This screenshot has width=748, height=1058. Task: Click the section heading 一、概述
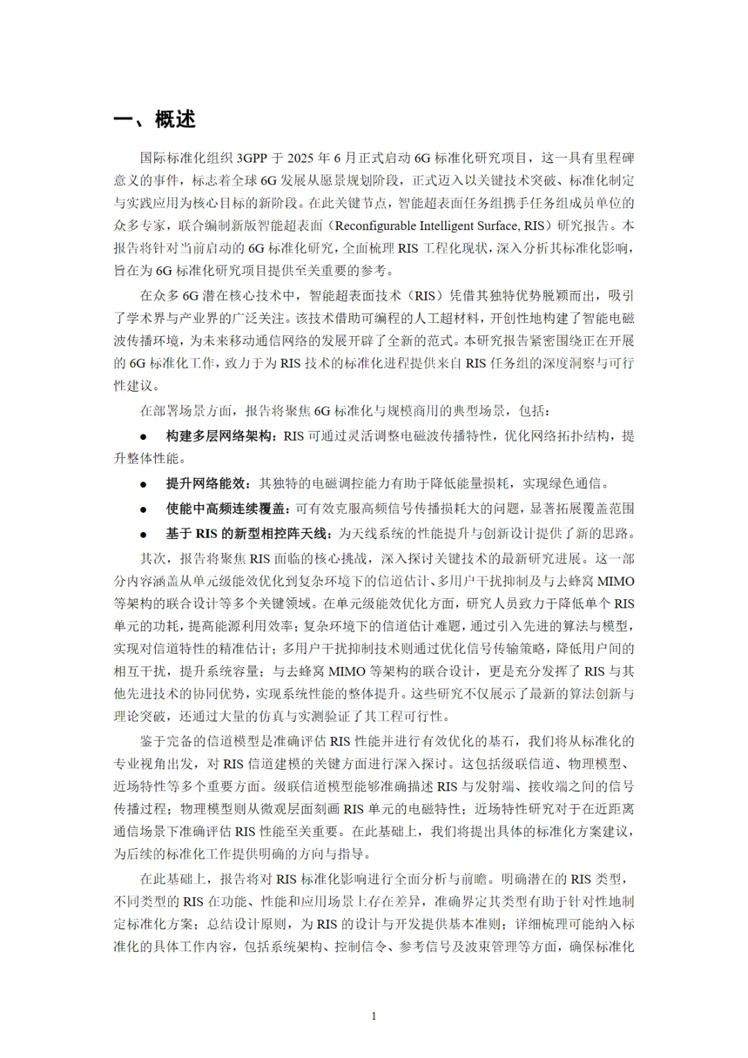[x=154, y=119]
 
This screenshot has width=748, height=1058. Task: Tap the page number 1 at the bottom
[x=374, y=1016]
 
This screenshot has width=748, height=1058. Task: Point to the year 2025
[x=302, y=158]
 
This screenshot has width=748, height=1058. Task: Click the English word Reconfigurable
[x=376, y=226]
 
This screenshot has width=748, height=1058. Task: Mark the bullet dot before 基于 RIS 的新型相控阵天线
[x=143, y=534]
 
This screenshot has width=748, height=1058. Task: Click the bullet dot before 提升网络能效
[x=143, y=484]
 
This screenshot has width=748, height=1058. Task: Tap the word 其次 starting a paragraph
[x=153, y=558]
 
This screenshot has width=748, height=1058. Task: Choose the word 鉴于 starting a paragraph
[x=153, y=741]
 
